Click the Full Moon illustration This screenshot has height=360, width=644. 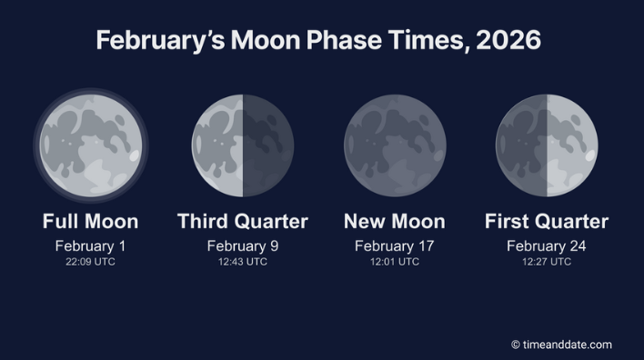pos(90,145)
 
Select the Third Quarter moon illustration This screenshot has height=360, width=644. pos(243,145)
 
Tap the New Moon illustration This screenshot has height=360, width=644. pos(395,145)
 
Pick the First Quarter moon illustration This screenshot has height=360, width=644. pos(547,145)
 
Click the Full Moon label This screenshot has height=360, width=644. pos(90,222)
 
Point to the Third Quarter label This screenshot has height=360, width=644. pos(243,222)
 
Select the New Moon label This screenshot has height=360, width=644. pos(395,222)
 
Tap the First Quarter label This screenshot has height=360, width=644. pos(547,222)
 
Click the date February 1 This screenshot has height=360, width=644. pos(90,245)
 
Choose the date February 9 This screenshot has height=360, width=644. pos(243,245)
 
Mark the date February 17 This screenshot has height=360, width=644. pos(395,245)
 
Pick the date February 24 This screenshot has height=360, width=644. pos(547,245)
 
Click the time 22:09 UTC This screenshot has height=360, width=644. pos(90,262)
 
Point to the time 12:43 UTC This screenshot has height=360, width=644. pos(243,262)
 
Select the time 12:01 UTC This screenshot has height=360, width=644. pos(395,262)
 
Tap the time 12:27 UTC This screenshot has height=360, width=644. pos(547,262)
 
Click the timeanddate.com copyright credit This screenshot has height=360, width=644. pos(561,345)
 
